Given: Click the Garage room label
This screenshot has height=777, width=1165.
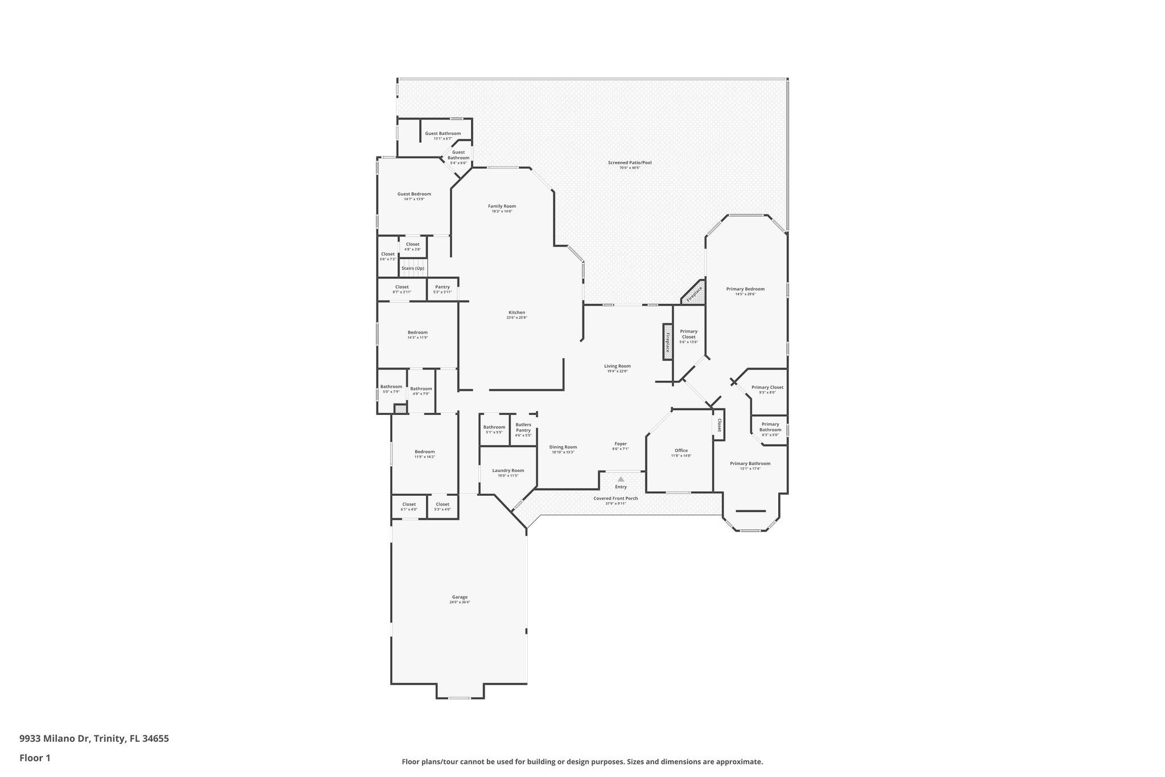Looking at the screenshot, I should click(460, 597).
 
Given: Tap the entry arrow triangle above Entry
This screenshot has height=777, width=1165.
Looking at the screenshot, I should click(621, 479).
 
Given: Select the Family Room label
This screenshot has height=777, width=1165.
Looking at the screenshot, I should click(502, 206).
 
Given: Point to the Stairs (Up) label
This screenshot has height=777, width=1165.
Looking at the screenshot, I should click(412, 268).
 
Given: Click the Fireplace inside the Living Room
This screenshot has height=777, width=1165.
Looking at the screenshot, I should click(668, 342).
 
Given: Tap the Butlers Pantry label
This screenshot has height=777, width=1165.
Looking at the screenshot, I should click(523, 427).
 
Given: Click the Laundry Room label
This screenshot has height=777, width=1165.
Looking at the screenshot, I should click(508, 470).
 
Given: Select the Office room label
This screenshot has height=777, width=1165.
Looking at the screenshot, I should click(681, 450).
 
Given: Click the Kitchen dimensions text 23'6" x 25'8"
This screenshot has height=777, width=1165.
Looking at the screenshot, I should click(517, 318).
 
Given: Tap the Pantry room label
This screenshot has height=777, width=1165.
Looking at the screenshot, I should click(442, 287).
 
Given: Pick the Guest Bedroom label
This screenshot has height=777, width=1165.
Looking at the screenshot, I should click(414, 194).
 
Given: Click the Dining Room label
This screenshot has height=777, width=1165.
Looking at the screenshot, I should click(563, 447).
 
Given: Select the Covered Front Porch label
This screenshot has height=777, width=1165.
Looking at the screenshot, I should click(615, 498).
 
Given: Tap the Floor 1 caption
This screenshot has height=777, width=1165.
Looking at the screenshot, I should click(35, 758).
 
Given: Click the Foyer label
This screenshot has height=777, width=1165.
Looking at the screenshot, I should click(621, 443).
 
